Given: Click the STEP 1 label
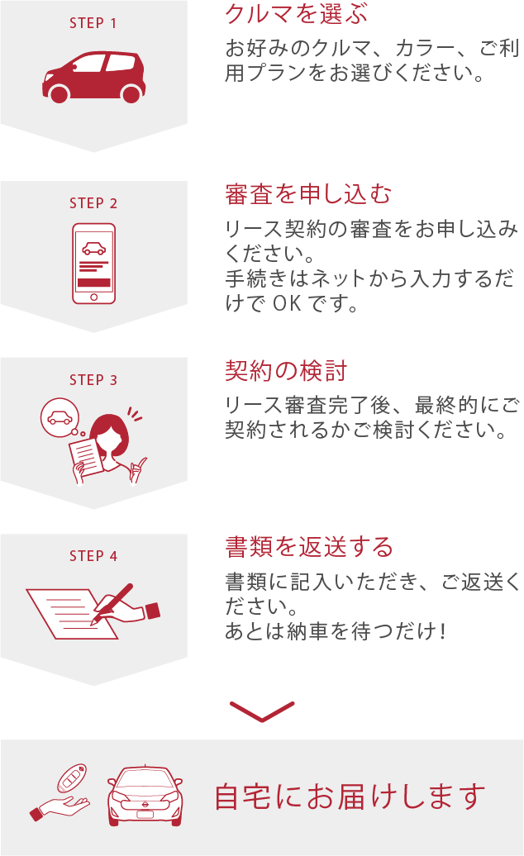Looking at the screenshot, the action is (93, 23).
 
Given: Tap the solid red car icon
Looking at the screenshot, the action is (94, 77).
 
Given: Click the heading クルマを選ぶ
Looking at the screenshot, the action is (297, 14).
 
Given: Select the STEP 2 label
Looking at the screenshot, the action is (93, 203).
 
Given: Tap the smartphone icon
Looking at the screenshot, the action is (94, 264).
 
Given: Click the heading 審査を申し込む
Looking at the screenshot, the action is (308, 194).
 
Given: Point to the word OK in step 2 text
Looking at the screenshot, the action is (287, 303).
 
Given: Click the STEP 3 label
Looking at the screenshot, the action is (93, 380).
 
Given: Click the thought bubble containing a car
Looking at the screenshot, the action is (60, 417).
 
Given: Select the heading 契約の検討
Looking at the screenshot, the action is (286, 371).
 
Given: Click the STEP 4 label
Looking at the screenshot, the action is (93, 556).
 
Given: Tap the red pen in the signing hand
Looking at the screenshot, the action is (112, 603).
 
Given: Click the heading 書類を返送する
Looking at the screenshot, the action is (309, 547).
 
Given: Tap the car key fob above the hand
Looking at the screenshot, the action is (72, 778).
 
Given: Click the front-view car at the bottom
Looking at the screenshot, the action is (145, 796).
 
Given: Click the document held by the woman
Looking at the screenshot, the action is (87, 457).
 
